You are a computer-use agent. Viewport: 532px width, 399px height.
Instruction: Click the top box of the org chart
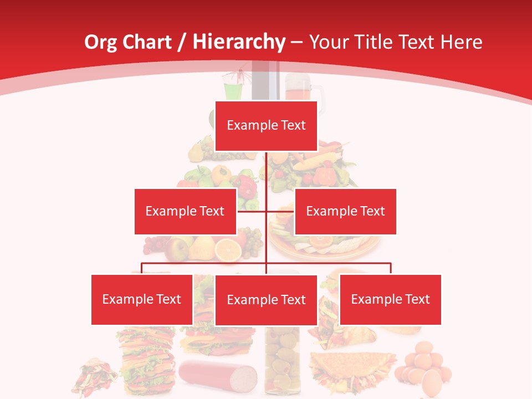[266, 126]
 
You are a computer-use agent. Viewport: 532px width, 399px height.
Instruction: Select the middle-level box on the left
[185, 211]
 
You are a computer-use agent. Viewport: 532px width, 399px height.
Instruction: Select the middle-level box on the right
[345, 211]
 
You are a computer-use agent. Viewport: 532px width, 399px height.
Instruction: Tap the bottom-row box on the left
[142, 299]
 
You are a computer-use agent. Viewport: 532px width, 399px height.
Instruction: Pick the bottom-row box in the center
[266, 300]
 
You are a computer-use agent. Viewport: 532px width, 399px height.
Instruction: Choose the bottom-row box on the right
[390, 299]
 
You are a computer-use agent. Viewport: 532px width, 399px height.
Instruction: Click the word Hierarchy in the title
[238, 42]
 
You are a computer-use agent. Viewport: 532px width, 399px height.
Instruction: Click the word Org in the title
[100, 42]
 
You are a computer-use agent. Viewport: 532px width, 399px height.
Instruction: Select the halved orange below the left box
[228, 250]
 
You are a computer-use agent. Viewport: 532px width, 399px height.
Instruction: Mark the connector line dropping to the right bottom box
[391, 268]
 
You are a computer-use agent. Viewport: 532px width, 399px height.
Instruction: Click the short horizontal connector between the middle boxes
[245, 211]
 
